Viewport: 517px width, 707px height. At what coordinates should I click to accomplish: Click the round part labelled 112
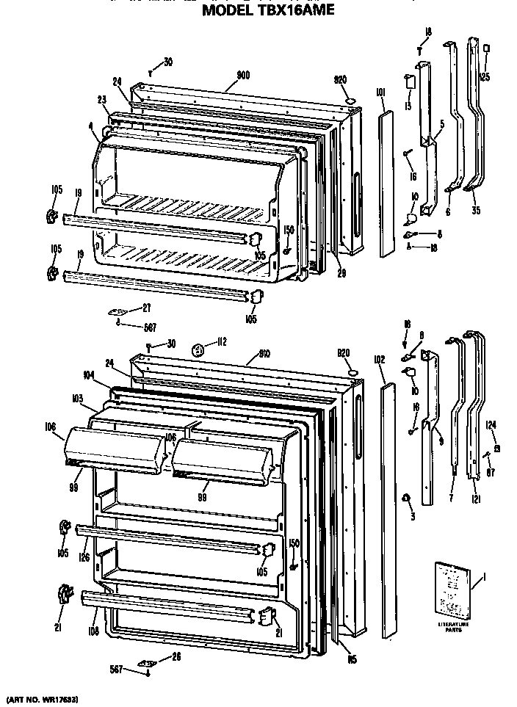198,350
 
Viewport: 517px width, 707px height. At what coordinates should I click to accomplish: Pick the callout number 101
380,93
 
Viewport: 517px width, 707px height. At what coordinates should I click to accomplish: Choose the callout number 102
380,360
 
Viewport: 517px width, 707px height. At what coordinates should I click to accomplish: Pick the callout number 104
89,374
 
